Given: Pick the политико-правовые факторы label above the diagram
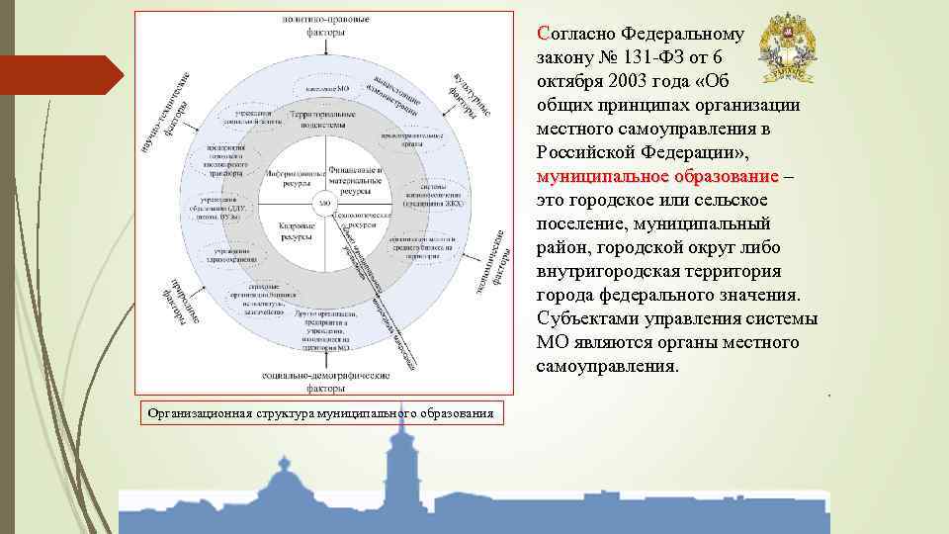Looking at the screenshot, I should point(325,25).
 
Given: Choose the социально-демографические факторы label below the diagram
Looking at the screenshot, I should point(325,381).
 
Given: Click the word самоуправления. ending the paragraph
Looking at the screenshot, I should point(607,366).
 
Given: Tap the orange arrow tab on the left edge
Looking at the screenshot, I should point(59,75).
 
